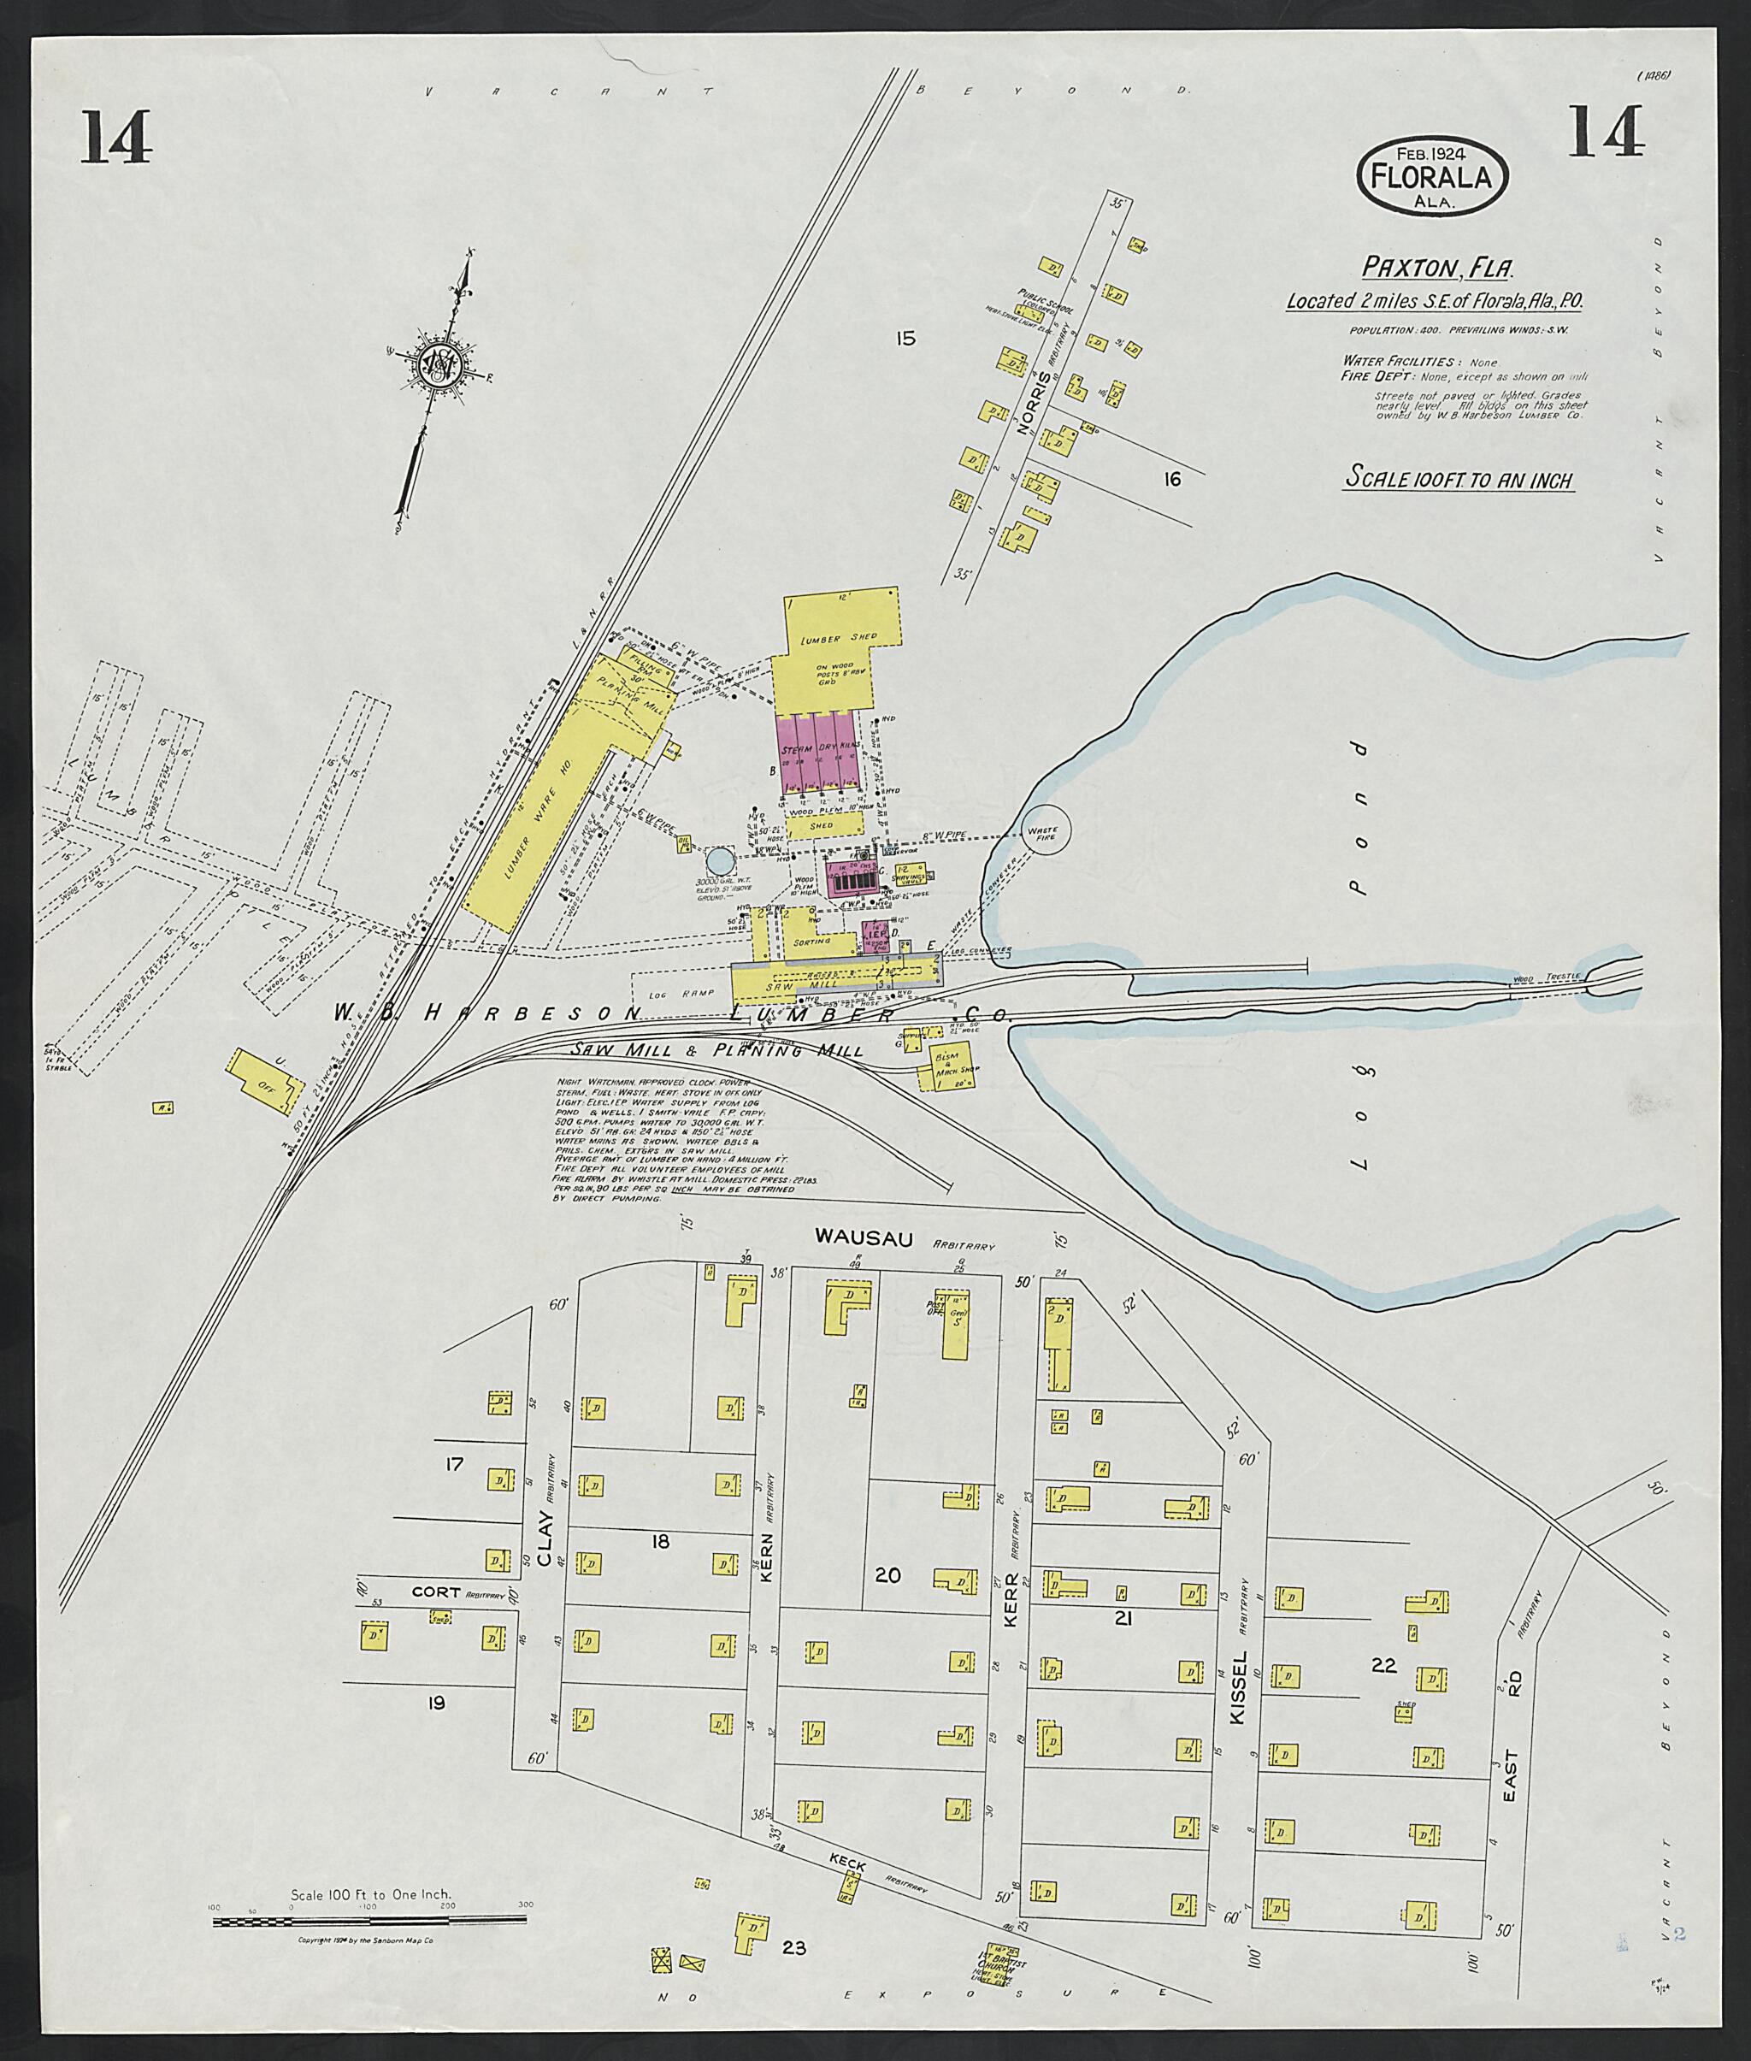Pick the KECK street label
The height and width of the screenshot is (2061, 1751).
[849, 1865]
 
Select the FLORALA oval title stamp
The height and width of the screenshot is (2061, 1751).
[1431, 175]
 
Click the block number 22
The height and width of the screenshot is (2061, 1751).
[1383, 1665]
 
